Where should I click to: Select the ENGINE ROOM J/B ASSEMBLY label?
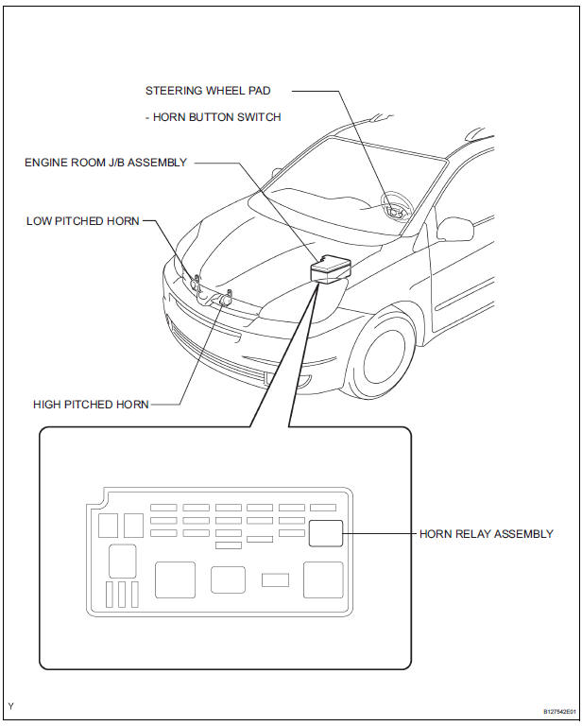click(x=105, y=163)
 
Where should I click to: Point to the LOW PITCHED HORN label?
click(x=83, y=221)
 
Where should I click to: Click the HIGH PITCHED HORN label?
click(x=91, y=404)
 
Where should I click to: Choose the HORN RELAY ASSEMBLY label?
click(x=486, y=534)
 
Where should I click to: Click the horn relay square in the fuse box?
click(x=325, y=533)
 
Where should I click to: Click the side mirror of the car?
click(x=455, y=229)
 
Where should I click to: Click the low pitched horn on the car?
click(x=196, y=282)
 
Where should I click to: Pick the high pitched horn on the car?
click(x=225, y=298)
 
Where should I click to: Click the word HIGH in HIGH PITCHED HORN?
click(x=46, y=404)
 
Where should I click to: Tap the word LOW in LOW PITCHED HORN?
click(x=40, y=221)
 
